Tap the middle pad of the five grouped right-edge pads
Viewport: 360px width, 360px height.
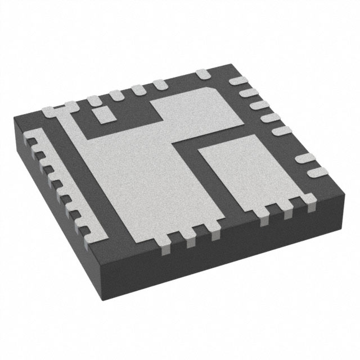259,106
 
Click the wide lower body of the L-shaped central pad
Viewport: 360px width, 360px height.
146,180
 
